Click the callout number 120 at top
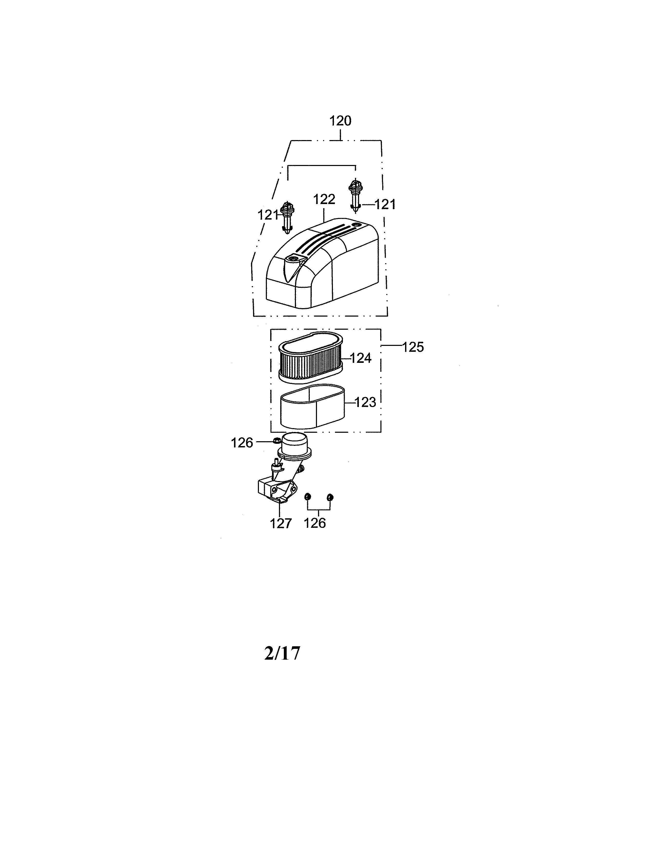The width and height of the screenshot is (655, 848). pos(340,121)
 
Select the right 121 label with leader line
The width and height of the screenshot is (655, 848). pos(385,205)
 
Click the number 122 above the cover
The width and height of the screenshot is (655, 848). pos(324,200)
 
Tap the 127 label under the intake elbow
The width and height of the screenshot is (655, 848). pos(280,523)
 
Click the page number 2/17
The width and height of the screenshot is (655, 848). pos(282,653)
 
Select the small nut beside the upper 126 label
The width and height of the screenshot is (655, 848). pos(277,440)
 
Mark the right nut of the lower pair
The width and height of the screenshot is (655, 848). pos(330,497)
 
